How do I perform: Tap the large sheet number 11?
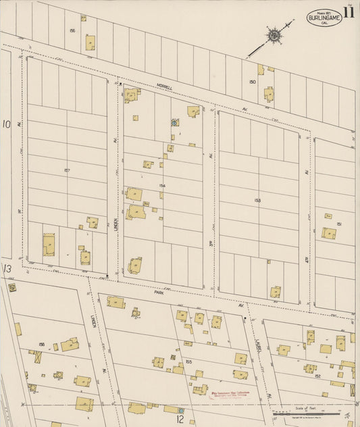(x=349, y=11)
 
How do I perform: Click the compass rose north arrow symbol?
(x=274, y=35)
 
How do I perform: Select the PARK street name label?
(x=159, y=293)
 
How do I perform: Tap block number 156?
(x=72, y=30)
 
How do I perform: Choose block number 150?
(x=253, y=82)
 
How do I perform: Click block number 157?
(x=66, y=170)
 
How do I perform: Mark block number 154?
(x=162, y=185)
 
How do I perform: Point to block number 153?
(x=257, y=200)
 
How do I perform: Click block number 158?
(x=42, y=345)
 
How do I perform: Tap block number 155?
(x=188, y=362)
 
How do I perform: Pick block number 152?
(x=317, y=376)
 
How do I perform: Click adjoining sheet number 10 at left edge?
(x=7, y=124)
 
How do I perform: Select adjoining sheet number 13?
(x=7, y=269)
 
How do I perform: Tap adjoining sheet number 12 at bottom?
(x=180, y=419)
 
